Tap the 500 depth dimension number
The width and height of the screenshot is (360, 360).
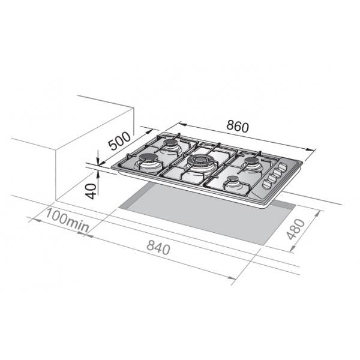coord(119,141)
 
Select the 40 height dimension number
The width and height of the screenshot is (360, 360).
coord(91,191)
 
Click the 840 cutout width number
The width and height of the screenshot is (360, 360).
coord(158,247)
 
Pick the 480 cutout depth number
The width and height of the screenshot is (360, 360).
coord(296,229)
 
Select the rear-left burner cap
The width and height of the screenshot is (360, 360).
coord(171,143)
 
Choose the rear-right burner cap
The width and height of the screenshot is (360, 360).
coord(251,160)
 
